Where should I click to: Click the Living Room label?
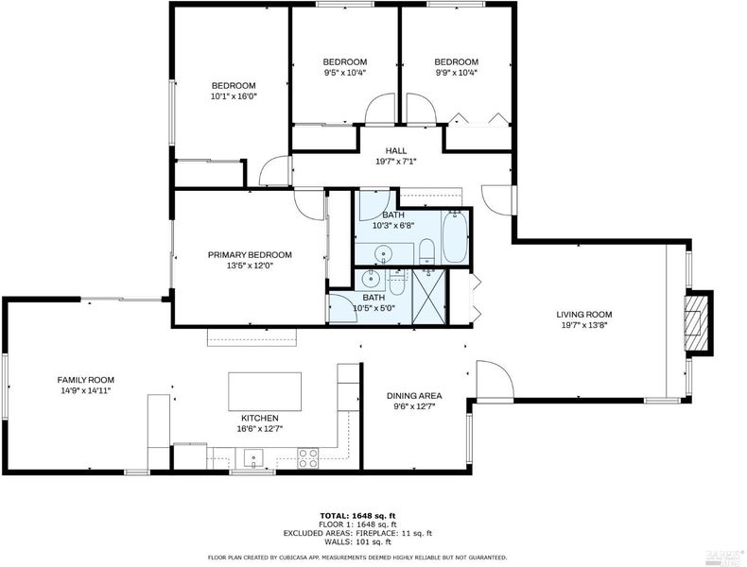coord(584,314)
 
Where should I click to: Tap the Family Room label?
coord(86,380)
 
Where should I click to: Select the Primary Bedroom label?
coord(250,255)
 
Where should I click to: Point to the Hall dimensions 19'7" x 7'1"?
coord(396,162)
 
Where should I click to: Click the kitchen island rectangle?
coord(265,391)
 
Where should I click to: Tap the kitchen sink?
coord(253,458)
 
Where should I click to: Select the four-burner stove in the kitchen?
coord(307,458)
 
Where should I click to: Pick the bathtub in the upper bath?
coord(455,236)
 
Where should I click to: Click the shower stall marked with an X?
coord(428,296)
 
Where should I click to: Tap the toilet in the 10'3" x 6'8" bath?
coord(426,251)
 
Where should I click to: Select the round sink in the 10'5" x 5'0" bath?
coord(370,279)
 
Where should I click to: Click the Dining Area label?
coord(414,396)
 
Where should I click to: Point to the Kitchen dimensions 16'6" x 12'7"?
coord(260,428)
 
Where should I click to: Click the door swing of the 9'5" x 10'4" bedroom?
coord(380,109)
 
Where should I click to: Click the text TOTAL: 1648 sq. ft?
coord(357,516)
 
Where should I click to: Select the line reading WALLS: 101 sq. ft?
coord(357,541)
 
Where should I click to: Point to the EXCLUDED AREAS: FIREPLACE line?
coord(357,533)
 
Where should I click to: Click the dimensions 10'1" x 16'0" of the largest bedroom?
coord(234,96)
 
